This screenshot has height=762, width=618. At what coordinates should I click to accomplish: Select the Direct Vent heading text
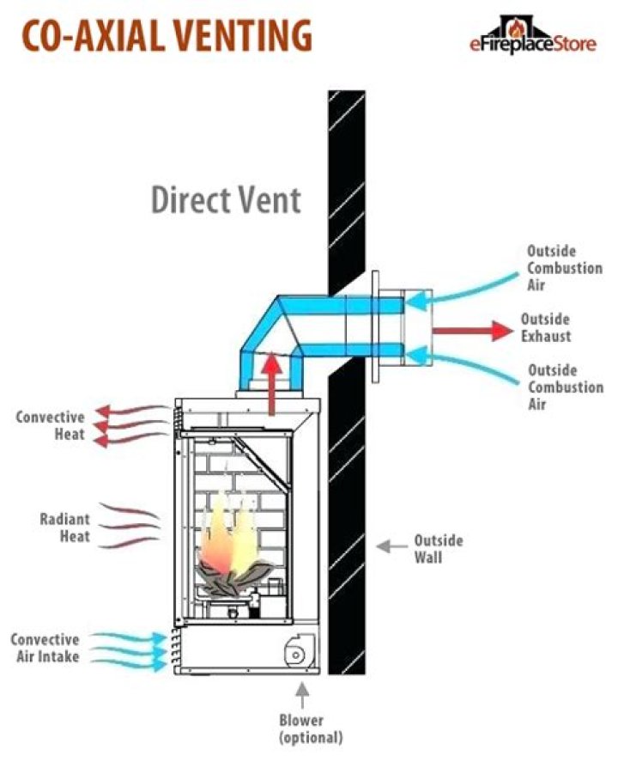pyautogui.click(x=227, y=199)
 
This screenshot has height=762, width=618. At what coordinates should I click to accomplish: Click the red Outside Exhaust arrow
pyautogui.click(x=469, y=329)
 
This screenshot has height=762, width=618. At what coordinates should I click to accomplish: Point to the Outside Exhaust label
pyautogui.click(x=546, y=326)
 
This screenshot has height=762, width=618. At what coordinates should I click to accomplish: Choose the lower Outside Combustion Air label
pyautogui.click(x=565, y=386)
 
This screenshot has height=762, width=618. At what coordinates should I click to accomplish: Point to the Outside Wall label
pyautogui.click(x=438, y=548)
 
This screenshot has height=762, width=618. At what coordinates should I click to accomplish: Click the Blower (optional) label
pyautogui.click(x=310, y=728)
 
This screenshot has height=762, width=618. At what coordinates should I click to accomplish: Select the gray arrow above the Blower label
pyautogui.click(x=301, y=692)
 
